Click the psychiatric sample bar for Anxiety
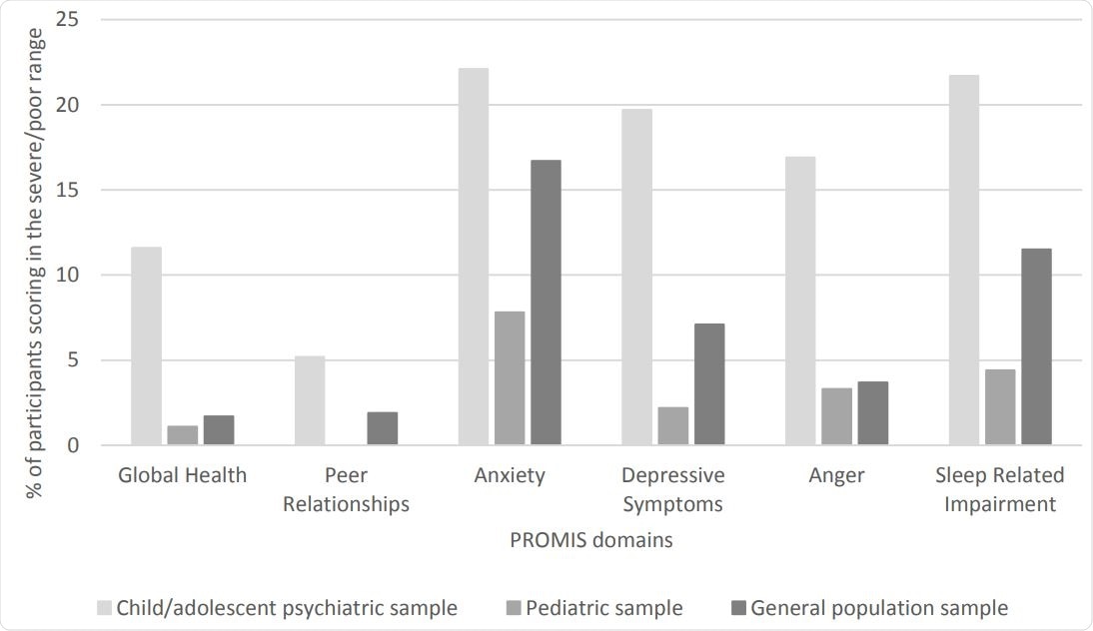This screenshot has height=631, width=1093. (474, 257)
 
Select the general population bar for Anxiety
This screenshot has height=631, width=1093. (546, 303)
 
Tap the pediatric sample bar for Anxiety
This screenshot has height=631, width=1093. (510, 378)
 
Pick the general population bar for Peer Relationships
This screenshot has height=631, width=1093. (382, 428)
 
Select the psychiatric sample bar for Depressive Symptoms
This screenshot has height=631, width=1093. (636, 277)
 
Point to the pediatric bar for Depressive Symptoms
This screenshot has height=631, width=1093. (672, 426)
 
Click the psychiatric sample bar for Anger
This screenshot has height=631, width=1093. (800, 301)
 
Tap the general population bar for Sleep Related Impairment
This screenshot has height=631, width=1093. (1036, 346)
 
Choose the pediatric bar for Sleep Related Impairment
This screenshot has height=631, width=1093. (1000, 407)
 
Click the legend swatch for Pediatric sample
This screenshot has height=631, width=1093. (514, 608)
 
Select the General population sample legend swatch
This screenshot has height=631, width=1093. (738, 608)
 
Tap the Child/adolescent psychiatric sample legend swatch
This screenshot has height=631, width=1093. (104, 608)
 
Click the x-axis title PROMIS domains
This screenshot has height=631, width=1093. (590, 541)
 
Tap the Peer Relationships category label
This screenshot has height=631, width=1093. (346, 489)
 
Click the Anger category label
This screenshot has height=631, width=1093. (836, 475)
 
